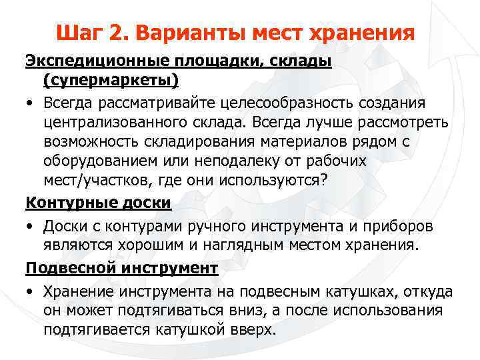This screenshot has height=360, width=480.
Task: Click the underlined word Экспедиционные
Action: click(x=99, y=62)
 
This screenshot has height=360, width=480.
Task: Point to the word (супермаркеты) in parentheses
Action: click(x=111, y=81)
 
